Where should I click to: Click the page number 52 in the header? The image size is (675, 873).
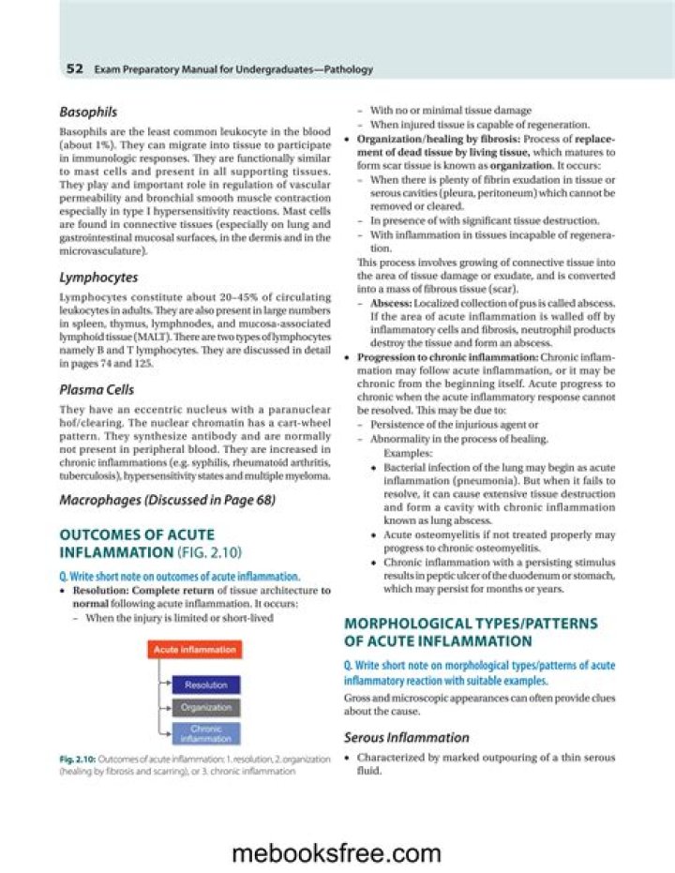pos(75,69)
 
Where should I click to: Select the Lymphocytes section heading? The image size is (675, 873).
pos(98,278)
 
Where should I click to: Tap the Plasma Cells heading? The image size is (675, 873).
pos(97,389)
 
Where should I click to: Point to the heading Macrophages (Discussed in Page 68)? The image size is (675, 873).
pos(167,501)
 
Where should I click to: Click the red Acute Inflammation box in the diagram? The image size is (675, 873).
pos(195,649)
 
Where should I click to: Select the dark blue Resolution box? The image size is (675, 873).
pos(205,685)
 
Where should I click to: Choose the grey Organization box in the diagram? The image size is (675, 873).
pos(205,708)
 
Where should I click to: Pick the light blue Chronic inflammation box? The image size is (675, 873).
pos(205,733)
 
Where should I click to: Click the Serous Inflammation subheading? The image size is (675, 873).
pos(406,737)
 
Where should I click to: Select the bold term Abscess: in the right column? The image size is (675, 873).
pos(388,303)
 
